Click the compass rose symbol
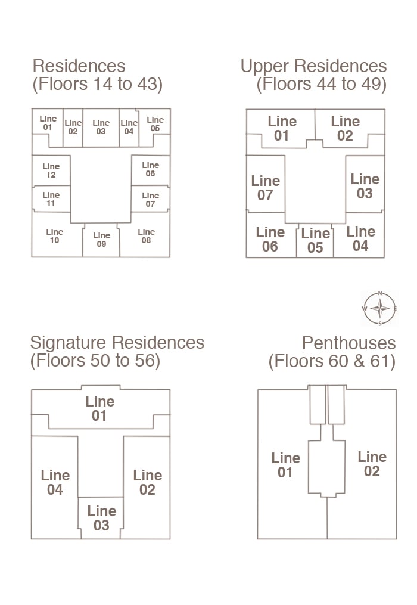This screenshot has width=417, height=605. tap(379, 308)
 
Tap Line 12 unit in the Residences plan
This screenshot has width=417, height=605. tap(51, 170)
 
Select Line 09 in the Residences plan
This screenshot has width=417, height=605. tap(101, 240)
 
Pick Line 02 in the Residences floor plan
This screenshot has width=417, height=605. tap(73, 127)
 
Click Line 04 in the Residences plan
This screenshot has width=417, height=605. tap(129, 127)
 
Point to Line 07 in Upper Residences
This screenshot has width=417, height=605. tap(265, 187)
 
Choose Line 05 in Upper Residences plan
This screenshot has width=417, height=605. tap(315, 240)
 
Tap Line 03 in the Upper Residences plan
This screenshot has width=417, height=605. tap(365, 185)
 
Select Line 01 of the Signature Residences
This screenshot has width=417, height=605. tap(99, 408)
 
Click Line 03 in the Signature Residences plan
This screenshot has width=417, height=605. tap(101, 517)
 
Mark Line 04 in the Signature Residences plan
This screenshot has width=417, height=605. tap(55, 482)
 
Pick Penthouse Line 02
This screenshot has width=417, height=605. tap(372, 464)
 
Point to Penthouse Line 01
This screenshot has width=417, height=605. tap(285, 465)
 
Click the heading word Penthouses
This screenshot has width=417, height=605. tap(348, 343)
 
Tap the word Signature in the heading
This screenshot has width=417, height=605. tap(69, 343)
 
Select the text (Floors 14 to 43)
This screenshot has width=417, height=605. tap(97, 84)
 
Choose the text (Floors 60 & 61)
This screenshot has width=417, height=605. tap(332, 361)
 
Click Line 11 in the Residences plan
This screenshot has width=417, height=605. tap(51, 199)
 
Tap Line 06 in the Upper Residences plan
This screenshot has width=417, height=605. tap(270, 239)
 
